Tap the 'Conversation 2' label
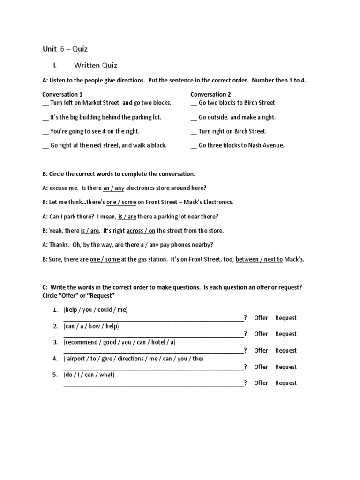(210, 94)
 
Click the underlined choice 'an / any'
(113, 188)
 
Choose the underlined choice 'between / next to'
(259, 259)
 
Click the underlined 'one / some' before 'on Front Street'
(121, 202)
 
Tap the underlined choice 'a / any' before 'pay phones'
(150, 245)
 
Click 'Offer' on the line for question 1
(261, 318)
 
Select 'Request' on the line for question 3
(285, 351)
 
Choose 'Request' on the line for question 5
(285, 383)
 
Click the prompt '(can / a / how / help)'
(91, 326)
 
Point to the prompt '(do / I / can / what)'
(89, 375)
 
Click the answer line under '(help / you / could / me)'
(153, 319)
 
